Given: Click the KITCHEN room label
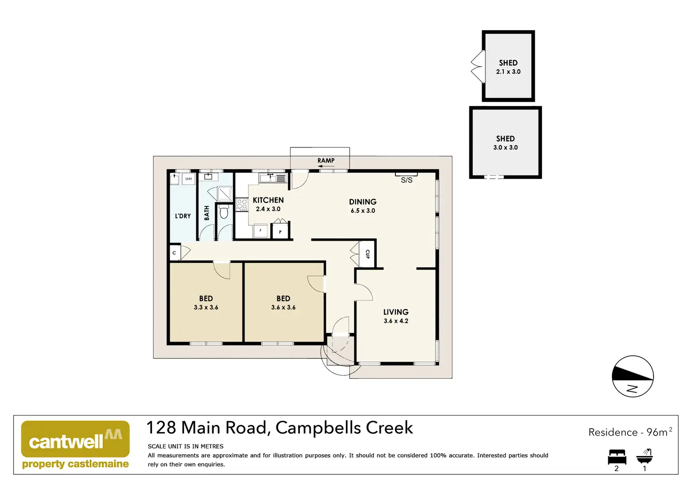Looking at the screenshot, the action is (x=268, y=200).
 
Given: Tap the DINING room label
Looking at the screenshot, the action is (x=363, y=202).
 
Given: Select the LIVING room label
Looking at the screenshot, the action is (x=395, y=312).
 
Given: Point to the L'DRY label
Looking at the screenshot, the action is (x=183, y=216).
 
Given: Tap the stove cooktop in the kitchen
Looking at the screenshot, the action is (x=242, y=204).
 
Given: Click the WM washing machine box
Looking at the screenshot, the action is (x=188, y=179).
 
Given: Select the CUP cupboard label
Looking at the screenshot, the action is (x=368, y=254).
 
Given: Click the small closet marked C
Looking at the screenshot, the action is (x=174, y=253).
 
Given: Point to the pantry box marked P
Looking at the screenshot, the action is (x=280, y=231).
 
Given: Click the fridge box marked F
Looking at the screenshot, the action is (x=260, y=230).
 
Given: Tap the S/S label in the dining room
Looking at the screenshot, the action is (x=406, y=180).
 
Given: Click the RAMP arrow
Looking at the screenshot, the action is (x=326, y=166).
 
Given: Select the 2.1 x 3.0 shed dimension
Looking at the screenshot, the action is (x=508, y=72).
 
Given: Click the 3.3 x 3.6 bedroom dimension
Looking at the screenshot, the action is (x=206, y=307).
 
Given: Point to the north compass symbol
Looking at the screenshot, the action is (x=633, y=376).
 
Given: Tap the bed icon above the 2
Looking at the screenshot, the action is (x=617, y=457).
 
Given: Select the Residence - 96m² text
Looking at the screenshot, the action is (x=630, y=432).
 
